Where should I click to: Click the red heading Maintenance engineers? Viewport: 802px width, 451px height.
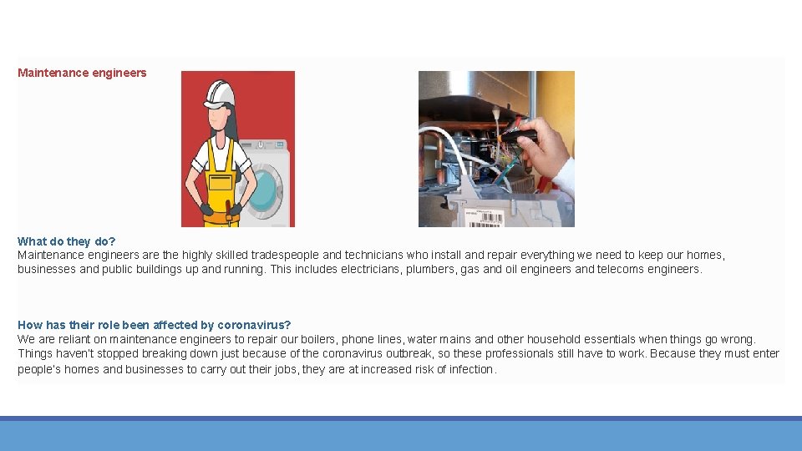tap(82, 73)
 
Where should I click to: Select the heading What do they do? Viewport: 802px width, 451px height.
tap(67, 241)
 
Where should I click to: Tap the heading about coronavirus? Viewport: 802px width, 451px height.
tap(154, 325)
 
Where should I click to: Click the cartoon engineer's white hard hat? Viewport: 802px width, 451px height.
tap(220, 94)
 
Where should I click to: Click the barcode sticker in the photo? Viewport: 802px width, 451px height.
tap(484, 218)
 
